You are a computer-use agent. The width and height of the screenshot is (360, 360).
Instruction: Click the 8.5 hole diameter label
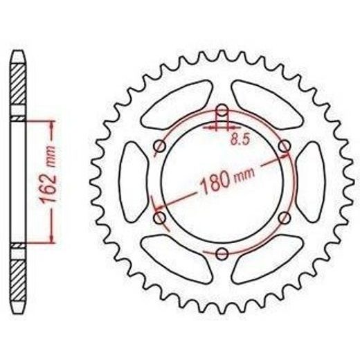240,139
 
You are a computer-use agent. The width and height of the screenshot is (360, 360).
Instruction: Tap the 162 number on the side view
50,187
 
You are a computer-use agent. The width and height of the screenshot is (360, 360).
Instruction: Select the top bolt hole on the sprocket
222,110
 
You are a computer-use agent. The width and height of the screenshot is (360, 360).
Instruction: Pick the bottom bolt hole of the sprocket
222,253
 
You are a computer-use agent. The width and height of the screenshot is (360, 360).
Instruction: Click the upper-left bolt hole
159,146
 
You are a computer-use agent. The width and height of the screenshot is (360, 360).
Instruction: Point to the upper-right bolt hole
285,146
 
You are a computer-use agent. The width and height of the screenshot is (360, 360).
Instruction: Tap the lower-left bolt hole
160,218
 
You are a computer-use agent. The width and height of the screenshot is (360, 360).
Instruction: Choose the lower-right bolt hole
285,217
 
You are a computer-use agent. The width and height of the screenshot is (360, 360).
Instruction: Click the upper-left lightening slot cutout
177,105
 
